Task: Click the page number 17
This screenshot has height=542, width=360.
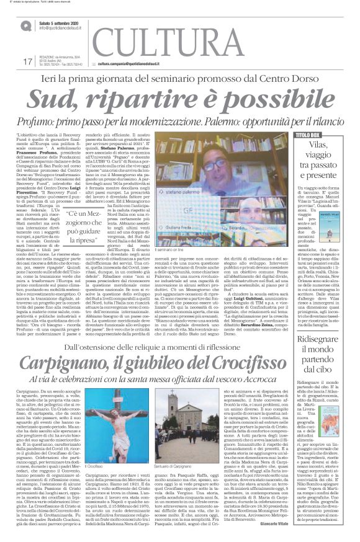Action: tap(27, 62)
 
